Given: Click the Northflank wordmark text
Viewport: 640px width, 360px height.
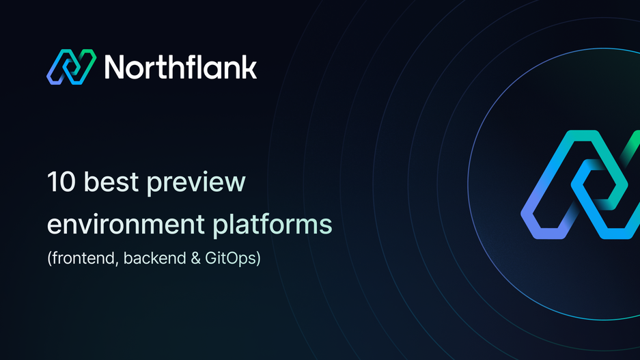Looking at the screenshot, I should [181, 68].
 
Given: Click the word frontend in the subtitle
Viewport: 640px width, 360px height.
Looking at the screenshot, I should [76, 260].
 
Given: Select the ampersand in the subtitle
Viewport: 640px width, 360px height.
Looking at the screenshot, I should [182, 260].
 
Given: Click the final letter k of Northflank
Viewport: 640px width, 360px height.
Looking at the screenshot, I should [249, 68].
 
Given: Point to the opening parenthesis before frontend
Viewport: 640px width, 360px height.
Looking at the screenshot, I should [49, 261].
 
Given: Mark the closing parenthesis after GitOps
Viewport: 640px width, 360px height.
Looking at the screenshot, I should [258, 261].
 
